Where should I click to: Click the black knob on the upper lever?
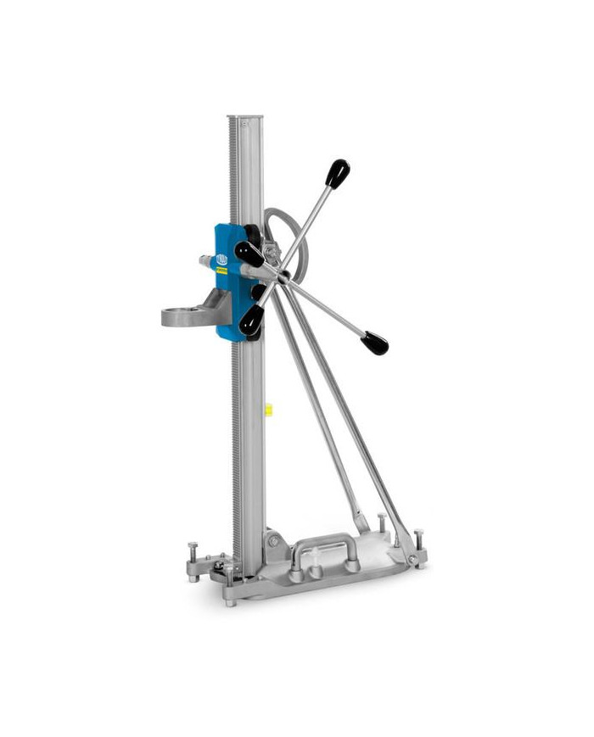point(338,174)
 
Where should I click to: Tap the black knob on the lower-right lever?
point(374,343)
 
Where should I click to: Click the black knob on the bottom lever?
point(251,321)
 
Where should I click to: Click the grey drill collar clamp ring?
point(188,315)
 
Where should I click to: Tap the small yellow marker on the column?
point(268,410)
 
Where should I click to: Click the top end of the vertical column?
point(245,120)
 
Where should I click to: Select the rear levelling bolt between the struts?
point(382,524)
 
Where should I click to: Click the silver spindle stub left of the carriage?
point(207,262)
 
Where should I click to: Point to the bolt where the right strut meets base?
point(412,561)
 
